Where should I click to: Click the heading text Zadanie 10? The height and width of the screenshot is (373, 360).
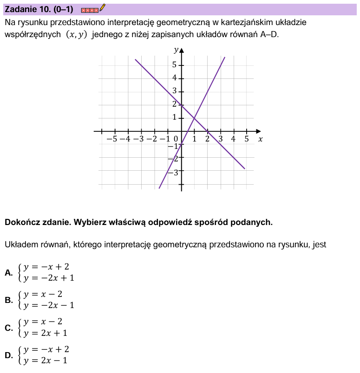click(x=27, y=9)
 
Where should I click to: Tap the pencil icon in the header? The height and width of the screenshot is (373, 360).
click(x=103, y=7)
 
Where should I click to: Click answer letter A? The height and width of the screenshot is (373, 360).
click(x=8, y=272)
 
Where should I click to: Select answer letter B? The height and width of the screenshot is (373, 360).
click(x=8, y=300)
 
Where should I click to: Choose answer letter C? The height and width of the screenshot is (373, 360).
click(x=8, y=328)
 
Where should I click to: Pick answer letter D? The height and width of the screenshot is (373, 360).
click(x=8, y=355)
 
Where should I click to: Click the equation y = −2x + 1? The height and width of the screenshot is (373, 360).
click(x=49, y=278)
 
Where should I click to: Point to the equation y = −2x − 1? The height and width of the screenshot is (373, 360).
click(x=49, y=305)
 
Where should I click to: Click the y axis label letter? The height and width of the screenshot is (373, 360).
click(x=176, y=49)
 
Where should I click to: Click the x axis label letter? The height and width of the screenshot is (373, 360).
click(x=260, y=139)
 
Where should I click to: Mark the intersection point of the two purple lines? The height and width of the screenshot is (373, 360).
click(x=194, y=118)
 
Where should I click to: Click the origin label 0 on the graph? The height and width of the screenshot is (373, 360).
click(x=176, y=139)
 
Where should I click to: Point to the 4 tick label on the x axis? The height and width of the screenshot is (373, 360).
click(x=234, y=139)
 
